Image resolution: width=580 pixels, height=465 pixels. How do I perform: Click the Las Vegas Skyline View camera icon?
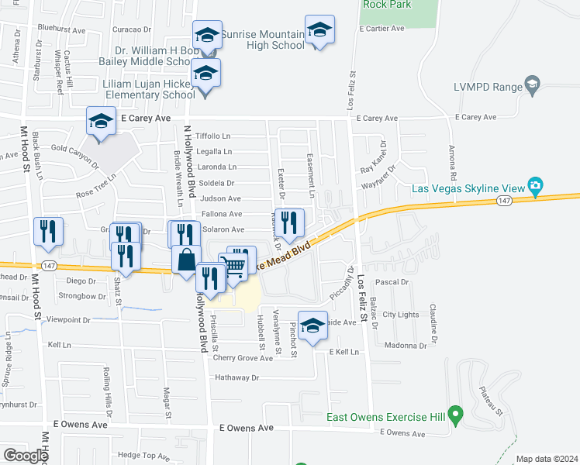tap(535, 186)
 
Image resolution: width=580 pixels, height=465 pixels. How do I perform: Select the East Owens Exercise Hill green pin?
tap(457, 417)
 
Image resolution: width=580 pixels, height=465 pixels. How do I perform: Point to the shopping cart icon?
tap(236, 266)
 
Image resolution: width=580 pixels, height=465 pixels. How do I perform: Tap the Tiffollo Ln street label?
tap(213, 136)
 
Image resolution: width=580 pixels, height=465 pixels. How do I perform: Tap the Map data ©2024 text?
tap(547, 459)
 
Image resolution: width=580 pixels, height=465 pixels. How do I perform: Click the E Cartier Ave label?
tap(382, 28)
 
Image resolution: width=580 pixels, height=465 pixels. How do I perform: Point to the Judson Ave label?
tap(221, 198)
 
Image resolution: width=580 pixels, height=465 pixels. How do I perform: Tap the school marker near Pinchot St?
tap(312, 325)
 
